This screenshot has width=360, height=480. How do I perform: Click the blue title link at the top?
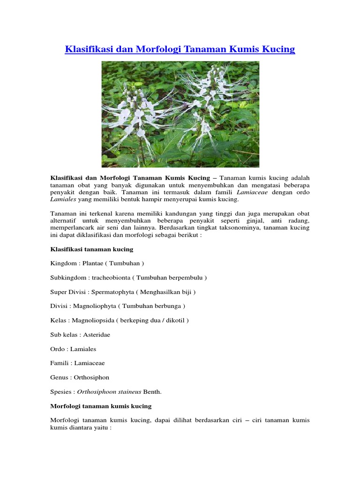180,49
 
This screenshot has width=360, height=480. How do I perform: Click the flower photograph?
180,114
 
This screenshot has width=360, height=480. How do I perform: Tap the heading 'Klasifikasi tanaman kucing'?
92,249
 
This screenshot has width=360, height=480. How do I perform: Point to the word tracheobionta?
109,277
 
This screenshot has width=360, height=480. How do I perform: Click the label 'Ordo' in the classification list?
57,349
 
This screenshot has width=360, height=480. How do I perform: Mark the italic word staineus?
131,392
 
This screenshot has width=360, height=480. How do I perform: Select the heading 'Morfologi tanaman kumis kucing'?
101,406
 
